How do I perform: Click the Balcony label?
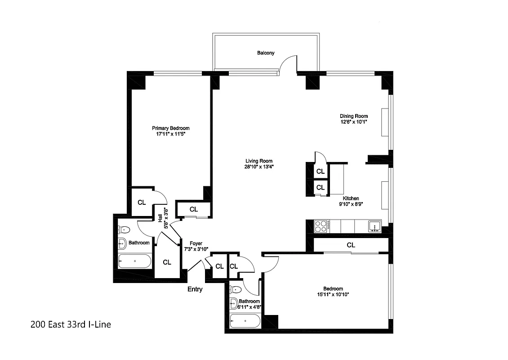coord(266,53)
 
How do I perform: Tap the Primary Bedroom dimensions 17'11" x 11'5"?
coord(170,134)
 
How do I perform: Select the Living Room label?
coord(258,161)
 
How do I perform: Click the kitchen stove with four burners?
coord(322,226)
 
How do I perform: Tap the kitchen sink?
coord(374,226)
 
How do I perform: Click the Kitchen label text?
coord(351,198)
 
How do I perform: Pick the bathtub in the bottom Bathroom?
coord(245,321)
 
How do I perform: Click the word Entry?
coord(195,289)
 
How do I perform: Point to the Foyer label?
coord(196,243)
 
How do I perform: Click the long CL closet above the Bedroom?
coord(351,245)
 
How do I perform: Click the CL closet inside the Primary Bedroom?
coord(142,202)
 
